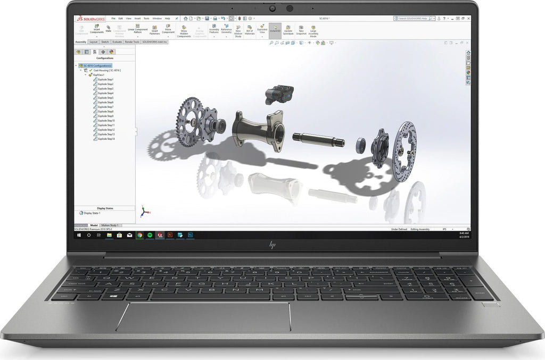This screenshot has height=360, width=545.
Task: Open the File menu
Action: tap(113, 19)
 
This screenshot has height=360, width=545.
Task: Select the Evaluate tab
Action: tap(117, 41)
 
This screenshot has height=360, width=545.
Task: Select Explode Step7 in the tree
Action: tap(105, 107)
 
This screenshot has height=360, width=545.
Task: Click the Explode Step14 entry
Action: tap(106, 139)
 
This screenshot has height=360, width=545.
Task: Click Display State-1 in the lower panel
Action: tap(93, 213)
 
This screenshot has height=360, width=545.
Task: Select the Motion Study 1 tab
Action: tap(110, 225)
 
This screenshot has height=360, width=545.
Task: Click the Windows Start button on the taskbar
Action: tap(79, 235)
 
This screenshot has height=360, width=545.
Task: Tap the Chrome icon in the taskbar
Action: tap(139, 235)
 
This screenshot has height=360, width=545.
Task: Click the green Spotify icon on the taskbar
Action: tap(150, 235)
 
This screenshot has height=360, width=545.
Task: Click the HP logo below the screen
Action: tap(272, 245)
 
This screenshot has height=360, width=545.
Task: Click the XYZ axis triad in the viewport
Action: tap(143, 211)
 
